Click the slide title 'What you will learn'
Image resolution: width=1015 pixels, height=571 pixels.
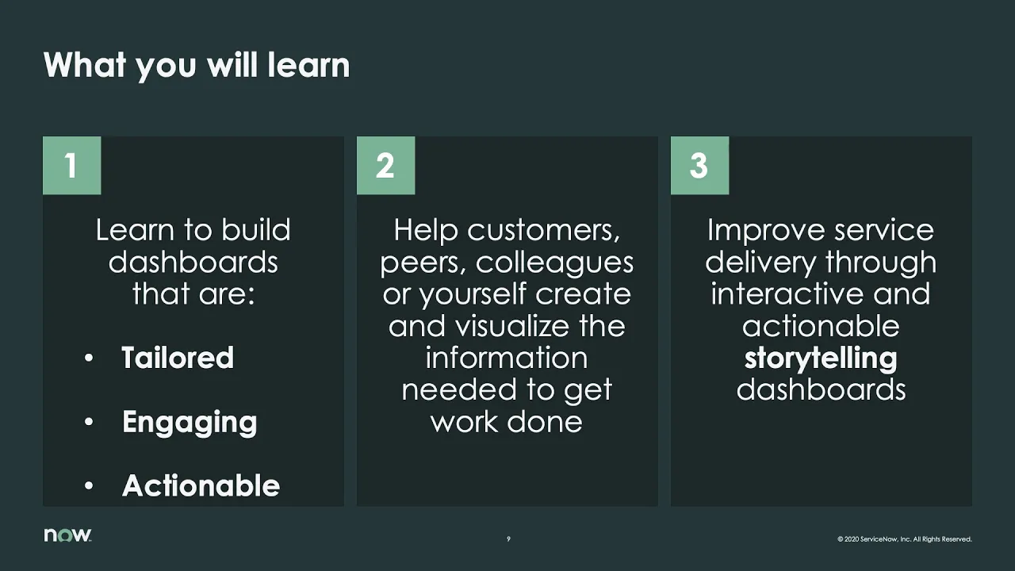pyautogui.click(x=196, y=65)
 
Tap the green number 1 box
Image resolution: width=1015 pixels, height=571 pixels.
pyautogui.click(x=71, y=165)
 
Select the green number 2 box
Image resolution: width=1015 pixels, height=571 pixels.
pyautogui.click(x=385, y=165)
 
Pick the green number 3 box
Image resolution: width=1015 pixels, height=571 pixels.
pyautogui.click(x=699, y=165)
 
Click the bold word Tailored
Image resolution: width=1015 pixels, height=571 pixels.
pyautogui.click(x=178, y=358)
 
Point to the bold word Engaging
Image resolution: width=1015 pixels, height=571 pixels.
pyautogui.click(x=190, y=423)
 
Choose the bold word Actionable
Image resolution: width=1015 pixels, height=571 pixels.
pyautogui.click(x=201, y=486)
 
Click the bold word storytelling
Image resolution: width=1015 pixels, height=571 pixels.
pyautogui.click(x=821, y=358)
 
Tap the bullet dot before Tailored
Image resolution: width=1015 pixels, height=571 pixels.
pyautogui.click(x=90, y=358)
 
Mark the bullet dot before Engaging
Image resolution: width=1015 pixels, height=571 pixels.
pyautogui.click(x=90, y=423)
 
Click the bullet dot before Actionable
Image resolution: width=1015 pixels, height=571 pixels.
pyautogui.click(x=90, y=486)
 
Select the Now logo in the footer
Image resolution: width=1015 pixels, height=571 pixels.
pyautogui.click(x=67, y=535)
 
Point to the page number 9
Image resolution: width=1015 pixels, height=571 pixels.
pyautogui.click(x=508, y=539)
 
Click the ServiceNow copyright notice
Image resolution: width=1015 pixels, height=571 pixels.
pyautogui.click(x=904, y=539)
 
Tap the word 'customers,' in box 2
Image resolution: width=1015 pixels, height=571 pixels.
pyautogui.click(x=544, y=231)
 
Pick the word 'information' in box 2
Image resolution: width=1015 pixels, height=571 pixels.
pyautogui.click(x=507, y=358)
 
